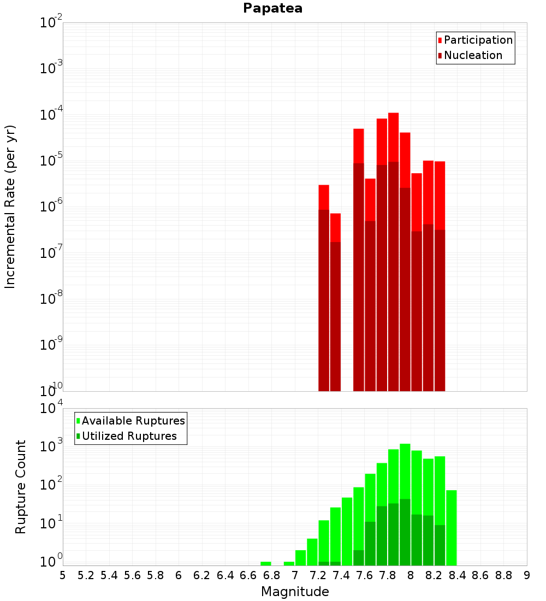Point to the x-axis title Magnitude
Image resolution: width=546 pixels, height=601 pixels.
pos(295,591)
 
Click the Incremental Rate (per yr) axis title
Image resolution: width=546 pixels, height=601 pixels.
pos(10,207)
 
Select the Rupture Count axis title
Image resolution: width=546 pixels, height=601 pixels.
pos(21,486)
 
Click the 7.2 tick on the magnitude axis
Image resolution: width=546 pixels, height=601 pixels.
pos(318,575)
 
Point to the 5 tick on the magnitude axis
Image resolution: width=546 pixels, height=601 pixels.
pos(63,575)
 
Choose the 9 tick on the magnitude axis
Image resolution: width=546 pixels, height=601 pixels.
pos(527,575)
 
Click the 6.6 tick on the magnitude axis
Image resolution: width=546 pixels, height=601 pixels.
pos(248,575)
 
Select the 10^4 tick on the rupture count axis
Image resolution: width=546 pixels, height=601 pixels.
pos(52,409)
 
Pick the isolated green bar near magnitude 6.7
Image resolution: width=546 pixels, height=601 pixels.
pos(266,563)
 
